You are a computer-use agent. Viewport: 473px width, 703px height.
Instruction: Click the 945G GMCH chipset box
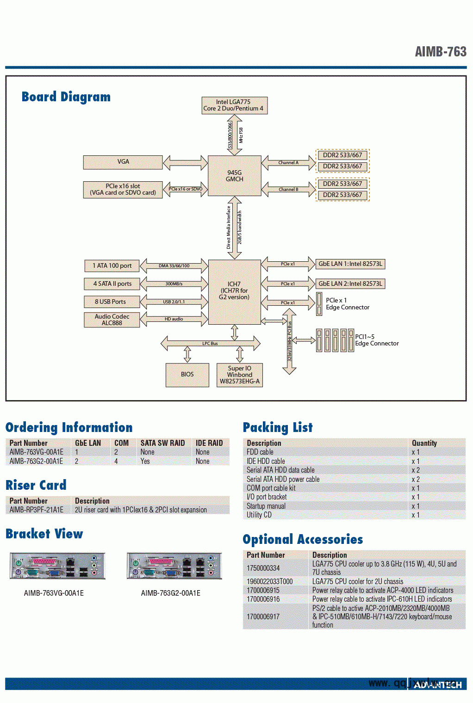coord(234,176)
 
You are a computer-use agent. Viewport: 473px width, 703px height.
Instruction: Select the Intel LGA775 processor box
coord(234,105)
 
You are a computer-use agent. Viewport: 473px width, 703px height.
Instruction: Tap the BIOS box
coord(187,375)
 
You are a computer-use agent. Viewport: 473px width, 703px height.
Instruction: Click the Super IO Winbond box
coord(240,375)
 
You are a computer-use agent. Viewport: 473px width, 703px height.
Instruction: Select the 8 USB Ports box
coord(111,302)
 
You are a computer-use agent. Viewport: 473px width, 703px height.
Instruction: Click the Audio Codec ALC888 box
coord(112,320)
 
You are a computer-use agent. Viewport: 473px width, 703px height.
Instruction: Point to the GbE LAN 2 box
coord(350,284)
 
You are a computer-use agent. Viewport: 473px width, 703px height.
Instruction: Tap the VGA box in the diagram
coord(123,162)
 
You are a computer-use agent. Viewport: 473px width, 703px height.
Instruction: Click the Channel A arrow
coord(288,163)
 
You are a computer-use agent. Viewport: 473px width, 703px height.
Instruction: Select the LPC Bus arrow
coord(210,344)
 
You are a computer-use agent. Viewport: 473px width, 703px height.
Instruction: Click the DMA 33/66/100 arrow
coord(174,266)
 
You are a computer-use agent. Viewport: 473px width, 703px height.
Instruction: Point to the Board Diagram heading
coord(66,97)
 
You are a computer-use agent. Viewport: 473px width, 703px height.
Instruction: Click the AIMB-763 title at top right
coord(441,51)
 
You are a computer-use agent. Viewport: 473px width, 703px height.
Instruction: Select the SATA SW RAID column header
coord(162,443)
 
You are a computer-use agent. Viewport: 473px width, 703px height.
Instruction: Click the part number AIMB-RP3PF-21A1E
coord(37,510)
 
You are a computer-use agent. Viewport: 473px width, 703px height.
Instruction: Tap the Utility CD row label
coord(259,515)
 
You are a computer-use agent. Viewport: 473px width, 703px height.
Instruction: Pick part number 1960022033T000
coord(270,581)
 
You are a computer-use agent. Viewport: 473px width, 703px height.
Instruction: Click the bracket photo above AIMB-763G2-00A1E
coord(174,566)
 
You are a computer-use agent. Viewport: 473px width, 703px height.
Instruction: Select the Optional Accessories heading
coord(303,539)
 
